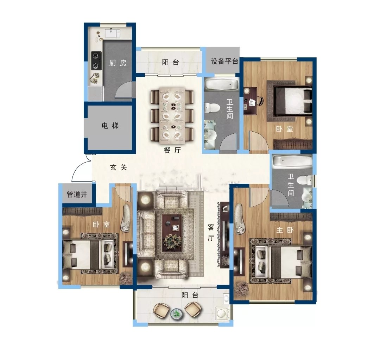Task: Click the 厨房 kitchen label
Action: click(x=118, y=63)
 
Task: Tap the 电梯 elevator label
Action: click(x=110, y=126)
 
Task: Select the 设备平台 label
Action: click(x=224, y=61)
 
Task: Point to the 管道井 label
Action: click(x=77, y=194)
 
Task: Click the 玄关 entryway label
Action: click(x=119, y=167)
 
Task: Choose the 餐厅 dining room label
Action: click(x=172, y=150)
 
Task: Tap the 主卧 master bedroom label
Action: click(x=285, y=230)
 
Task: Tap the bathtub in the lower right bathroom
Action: click(x=292, y=162)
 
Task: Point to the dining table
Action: click(x=172, y=116)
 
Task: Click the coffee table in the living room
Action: click(x=172, y=232)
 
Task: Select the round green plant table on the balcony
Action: click(x=177, y=314)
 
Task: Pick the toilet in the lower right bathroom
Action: click(x=305, y=180)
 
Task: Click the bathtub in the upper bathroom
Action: click(x=222, y=84)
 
